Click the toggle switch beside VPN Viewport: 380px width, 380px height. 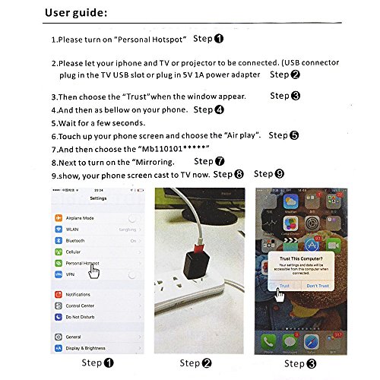[135, 274]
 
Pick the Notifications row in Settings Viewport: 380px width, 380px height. [79, 294]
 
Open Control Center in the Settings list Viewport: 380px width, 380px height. [81, 306]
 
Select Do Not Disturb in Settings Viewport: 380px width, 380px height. [80, 316]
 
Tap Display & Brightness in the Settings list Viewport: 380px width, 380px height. [86, 347]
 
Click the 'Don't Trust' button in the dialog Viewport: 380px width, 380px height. [318, 286]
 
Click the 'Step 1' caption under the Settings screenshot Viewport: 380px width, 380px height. [98, 363]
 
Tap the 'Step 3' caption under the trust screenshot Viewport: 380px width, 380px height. [299, 363]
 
